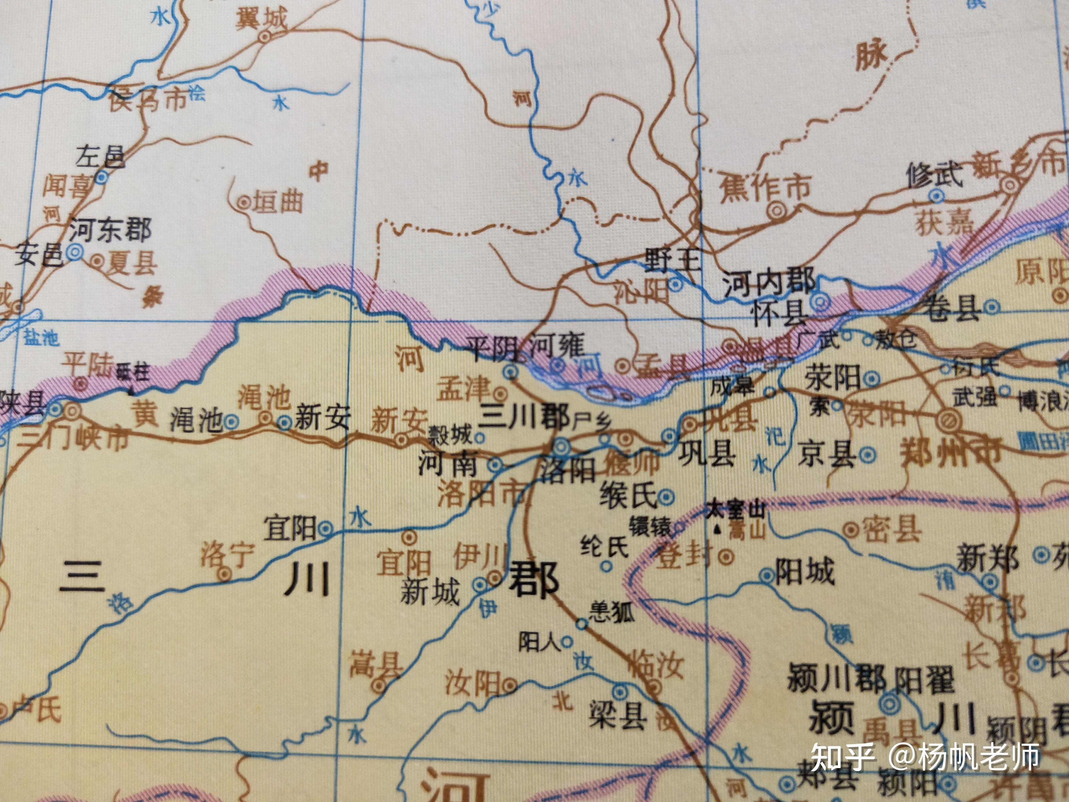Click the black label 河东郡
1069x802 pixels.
(x=111, y=230)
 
